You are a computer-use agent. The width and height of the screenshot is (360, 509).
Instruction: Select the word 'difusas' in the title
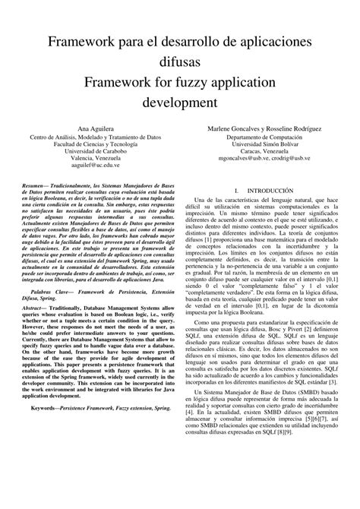179,62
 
